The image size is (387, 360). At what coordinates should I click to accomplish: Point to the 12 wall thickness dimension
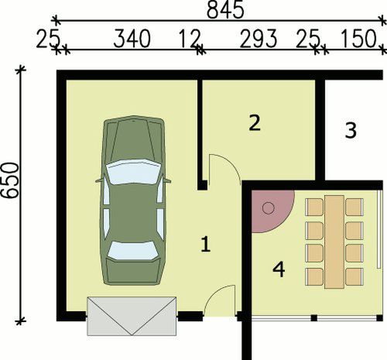tap(189, 39)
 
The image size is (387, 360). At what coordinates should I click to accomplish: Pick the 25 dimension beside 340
tap(48, 39)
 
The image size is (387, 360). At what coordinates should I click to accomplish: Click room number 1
tap(205, 245)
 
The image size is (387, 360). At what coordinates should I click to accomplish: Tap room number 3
tap(350, 131)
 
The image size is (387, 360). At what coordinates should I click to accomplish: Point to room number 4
tap(279, 269)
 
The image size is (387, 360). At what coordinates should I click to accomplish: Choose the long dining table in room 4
tap(334, 242)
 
